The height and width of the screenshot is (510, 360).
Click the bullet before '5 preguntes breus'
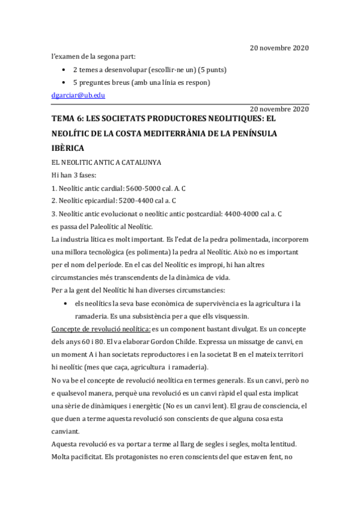pos(65,82)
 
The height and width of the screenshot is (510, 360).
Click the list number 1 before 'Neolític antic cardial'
pos(53,188)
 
